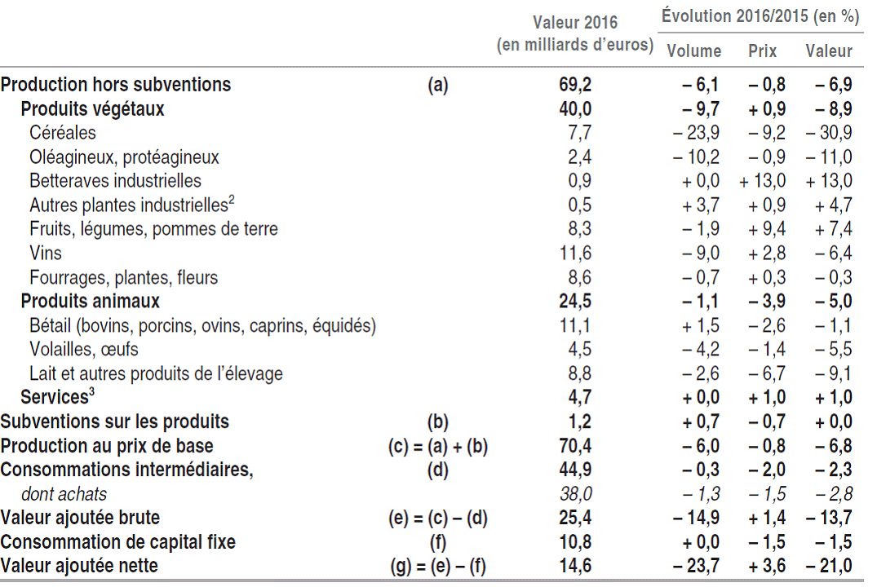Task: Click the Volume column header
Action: (x=694, y=51)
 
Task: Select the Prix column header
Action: (x=763, y=51)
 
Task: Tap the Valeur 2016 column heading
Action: (x=575, y=33)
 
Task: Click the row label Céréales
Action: (x=63, y=132)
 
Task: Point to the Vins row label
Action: (x=46, y=253)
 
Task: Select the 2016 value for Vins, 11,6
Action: (x=575, y=253)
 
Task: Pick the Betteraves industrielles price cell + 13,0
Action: (x=763, y=180)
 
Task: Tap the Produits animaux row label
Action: (x=90, y=301)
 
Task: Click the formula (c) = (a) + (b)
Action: (x=437, y=446)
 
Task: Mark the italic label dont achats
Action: (x=69, y=493)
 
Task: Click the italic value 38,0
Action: (x=575, y=493)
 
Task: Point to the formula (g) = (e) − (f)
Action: (x=438, y=566)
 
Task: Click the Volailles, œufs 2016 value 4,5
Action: (x=575, y=349)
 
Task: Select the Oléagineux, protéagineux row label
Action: (x=124, y=157)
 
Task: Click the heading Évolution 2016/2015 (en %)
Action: (x=760, y=15)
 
